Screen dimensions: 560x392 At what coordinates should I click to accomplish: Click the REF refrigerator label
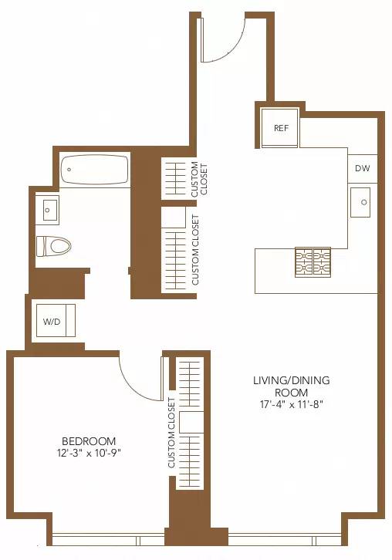tap(281, 128)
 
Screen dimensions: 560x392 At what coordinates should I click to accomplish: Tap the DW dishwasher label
tap(362, 169)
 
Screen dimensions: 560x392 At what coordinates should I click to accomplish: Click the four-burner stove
tap(312, 262)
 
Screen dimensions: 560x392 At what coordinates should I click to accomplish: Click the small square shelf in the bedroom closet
tap(191, 423)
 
